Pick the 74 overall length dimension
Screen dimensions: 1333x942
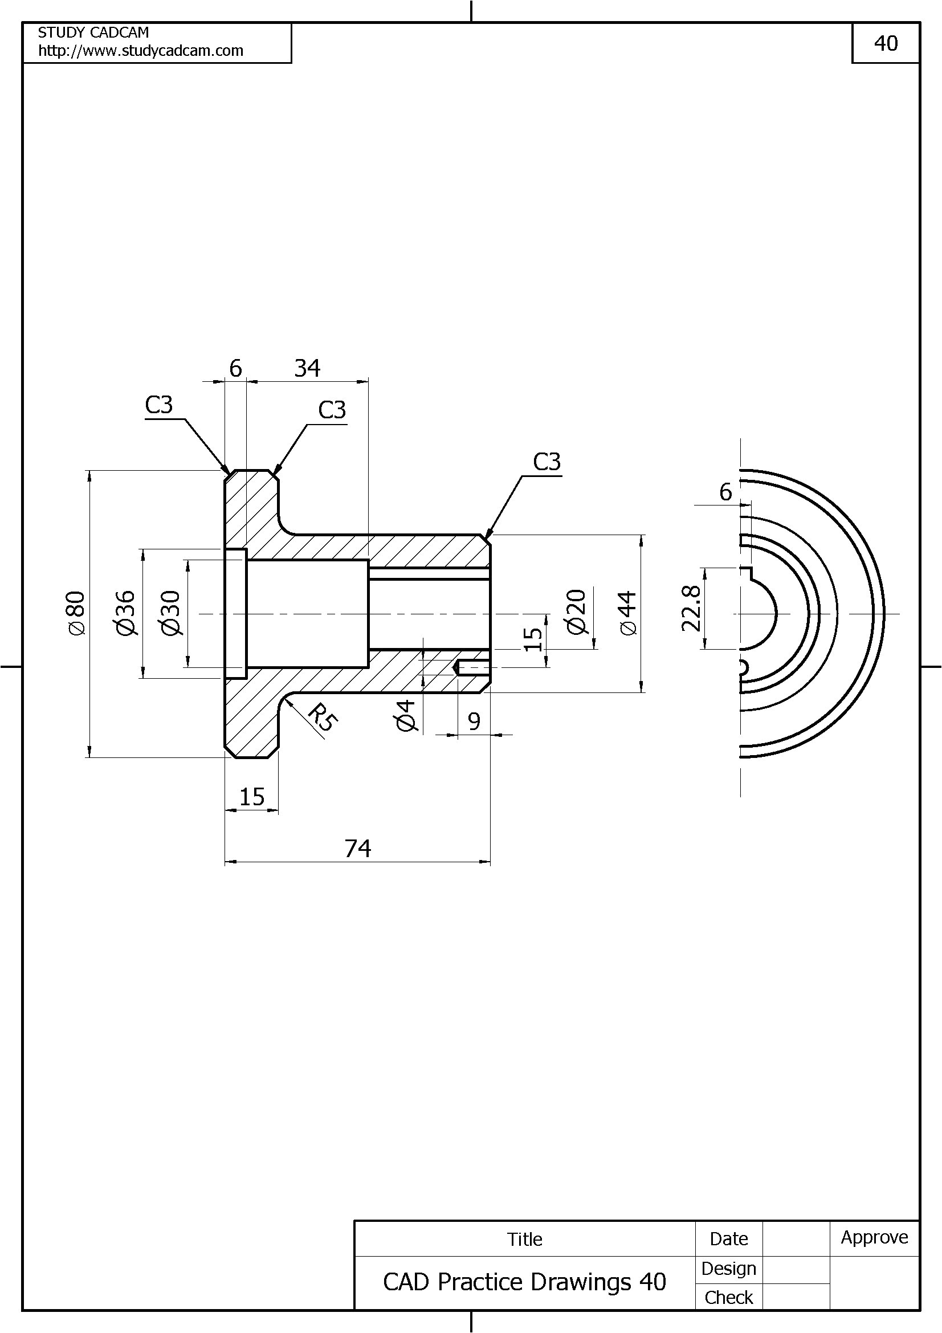[x=357, y=849]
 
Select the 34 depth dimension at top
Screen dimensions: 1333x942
[x=307, y=368]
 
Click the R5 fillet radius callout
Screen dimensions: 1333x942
[x=321, y=717]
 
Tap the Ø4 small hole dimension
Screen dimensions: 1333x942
[x=406, y=715]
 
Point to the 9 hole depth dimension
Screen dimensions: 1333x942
[x=474, y=721]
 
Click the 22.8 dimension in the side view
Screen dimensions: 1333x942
[x=691, y=608]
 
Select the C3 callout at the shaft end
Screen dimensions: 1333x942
[x=547, y=462]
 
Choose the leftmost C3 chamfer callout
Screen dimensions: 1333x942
[x=159, y=405]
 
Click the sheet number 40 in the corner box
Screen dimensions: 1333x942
[x=886, y=43]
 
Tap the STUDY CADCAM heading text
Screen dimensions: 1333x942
[x=93, y=32]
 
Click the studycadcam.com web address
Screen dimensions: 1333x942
[x=140, y=51]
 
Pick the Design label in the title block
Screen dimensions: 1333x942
[x=728, y=1269]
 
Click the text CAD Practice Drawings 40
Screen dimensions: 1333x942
[x=524, y=1281]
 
